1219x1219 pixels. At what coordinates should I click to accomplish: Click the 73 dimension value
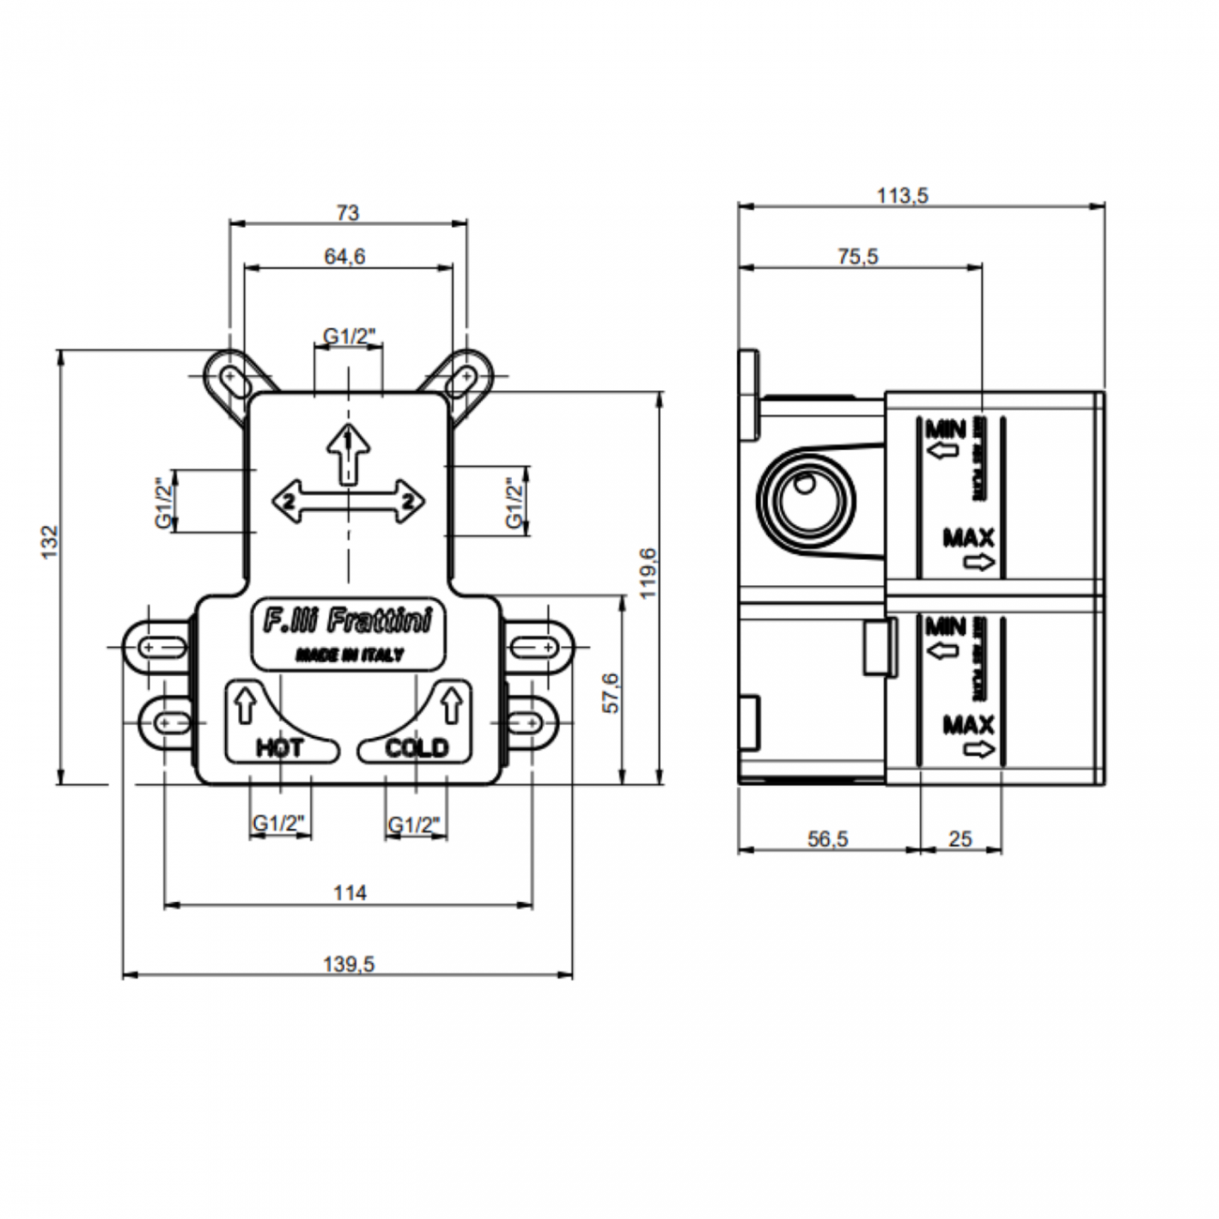pyautogui.click(x=348, y=213)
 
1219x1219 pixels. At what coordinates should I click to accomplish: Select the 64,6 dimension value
pyautogui.click(x=346, y=256)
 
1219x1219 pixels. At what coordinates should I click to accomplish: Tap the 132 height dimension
pyautogui.click(x=49, y=543)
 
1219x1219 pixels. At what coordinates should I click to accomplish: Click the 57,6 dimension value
pyautogui.click(x=610, y=693)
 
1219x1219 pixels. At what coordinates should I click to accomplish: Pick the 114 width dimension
pyautogui.click(x=349, y=893)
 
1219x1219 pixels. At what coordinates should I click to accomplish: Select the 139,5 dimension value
pyautogui.click(x=348, y=964)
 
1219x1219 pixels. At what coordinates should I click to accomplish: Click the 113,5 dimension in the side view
pyautogui.click(x=902, y=195)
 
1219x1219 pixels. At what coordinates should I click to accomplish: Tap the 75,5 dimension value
pyautogui.click(x=858, y=256)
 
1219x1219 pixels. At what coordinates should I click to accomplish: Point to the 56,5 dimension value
pyautogui.click(x=828, y=839)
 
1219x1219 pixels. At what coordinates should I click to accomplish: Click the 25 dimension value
pyautogui.click(x=960, y=839)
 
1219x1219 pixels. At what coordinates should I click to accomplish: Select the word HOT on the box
pyautogui.click(x=279, y=747)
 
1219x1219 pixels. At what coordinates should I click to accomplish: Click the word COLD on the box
pyautogui.click(x=417, y=747)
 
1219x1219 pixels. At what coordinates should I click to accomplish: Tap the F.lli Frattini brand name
pyautogui.click(x=347, y=622)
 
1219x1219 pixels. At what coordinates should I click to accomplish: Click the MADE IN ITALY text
pyautogui.click(x=350, y=655)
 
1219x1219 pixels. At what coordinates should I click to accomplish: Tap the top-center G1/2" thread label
pyautogui.click(x=349, y=335)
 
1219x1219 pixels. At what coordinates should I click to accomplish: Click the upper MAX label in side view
pyautogui.click(x=969, y=537)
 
